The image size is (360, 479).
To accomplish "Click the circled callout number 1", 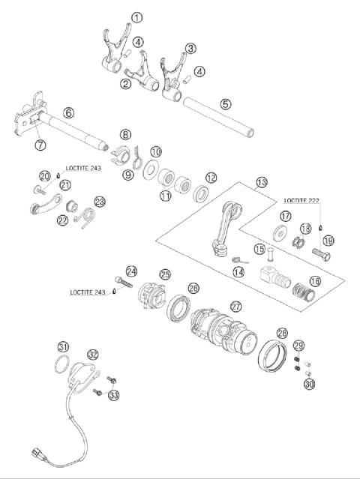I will point(136,17).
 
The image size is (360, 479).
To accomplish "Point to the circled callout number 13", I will point(261,182).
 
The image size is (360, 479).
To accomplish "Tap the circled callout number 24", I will point(132,271).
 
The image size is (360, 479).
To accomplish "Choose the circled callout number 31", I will point(64,346).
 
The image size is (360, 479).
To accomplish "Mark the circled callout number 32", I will point(92,354).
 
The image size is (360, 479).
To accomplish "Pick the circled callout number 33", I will point(113,395).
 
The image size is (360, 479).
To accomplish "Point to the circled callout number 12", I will point(212,178).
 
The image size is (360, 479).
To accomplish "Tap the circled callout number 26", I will point(194,288).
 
